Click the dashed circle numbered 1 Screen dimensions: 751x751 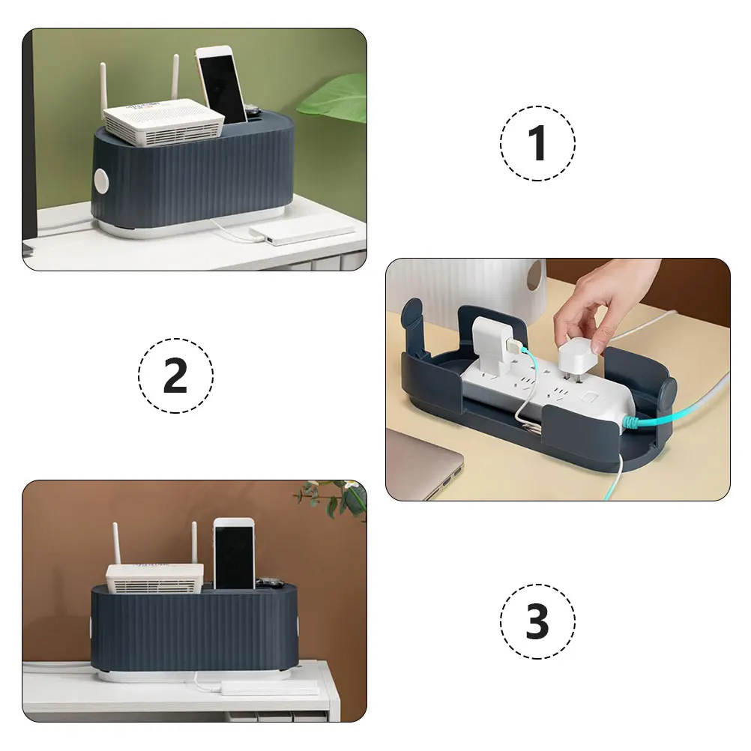pyautogui.click(x=537, y=142)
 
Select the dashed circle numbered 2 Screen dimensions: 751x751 pyautogui.click(x=175, y=375)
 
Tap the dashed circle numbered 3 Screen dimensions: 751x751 pyautogui.click(x=537, y=621)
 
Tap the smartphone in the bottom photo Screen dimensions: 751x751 pyautogui.click(x=234, y=554)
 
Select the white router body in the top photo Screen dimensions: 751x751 pyautogui.click(x=163, y=122)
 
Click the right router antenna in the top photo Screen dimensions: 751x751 pyautogui.click(x=175, y=79)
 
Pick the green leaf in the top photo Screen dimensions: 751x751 pyautogui.click(x=337, y=101)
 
